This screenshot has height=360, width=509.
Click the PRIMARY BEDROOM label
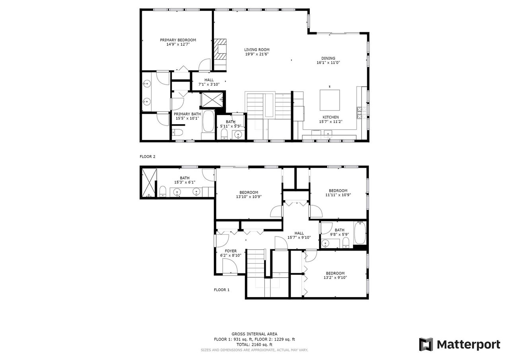click(178, 40)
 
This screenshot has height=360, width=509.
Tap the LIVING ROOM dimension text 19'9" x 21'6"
click(257, 54)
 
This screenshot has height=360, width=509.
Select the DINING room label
click(328, 58)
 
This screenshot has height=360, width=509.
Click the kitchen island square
click(330, 100)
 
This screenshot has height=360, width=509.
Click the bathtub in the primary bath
click(208, 121)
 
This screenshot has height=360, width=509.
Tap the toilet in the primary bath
click(177, 132)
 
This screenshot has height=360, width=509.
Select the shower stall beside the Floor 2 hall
click(212, 99)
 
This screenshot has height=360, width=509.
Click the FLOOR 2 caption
click(148, 157)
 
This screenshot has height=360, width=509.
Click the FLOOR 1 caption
click(221, 290)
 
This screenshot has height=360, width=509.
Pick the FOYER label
click(231, 251)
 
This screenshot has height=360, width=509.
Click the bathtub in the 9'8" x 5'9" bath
click(360, 233)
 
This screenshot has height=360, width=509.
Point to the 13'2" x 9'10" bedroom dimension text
click(335, 278)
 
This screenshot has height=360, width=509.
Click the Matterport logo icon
click(426, 344)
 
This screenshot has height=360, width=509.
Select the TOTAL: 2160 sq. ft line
click(254, 344)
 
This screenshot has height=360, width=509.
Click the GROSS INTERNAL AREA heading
click(254, 334)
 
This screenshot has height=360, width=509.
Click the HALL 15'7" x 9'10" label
click(299, 235)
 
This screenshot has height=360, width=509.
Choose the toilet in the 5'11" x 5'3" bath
click(224, 134)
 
